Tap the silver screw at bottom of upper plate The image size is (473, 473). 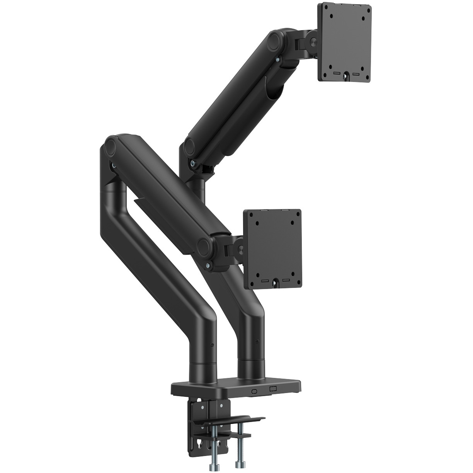[344, 76]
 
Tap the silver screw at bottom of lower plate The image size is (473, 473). [275, 283]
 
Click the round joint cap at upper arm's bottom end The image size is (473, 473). [189, 146]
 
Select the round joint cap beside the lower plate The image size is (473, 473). [204, 246]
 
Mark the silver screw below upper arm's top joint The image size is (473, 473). [277, 59]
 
